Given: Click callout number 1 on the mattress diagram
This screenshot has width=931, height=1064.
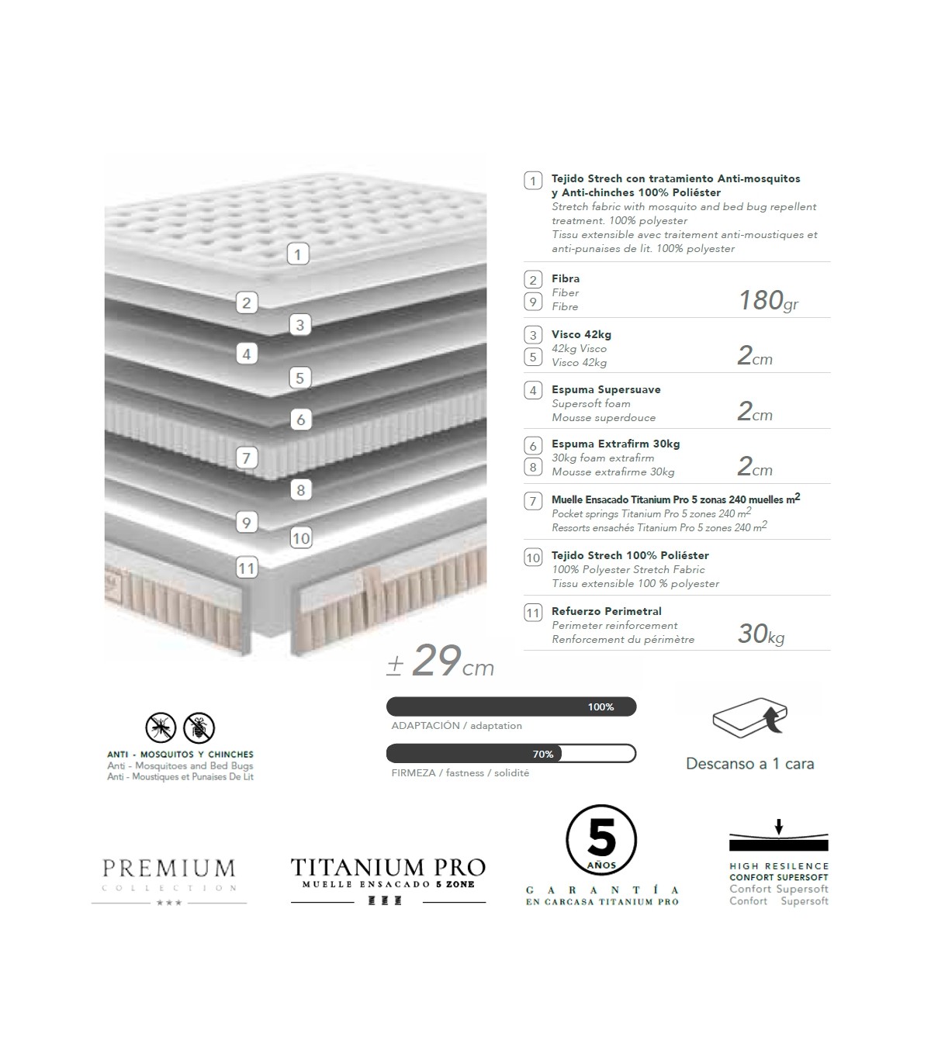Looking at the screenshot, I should (298, 254).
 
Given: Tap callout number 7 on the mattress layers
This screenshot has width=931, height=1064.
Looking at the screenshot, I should (246, 458).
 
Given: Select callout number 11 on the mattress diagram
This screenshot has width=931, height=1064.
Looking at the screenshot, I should (246, 568).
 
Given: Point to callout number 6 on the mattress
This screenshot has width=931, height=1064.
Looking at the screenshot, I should (300, 420).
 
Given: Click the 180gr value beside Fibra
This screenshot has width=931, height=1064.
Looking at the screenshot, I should (767, 300).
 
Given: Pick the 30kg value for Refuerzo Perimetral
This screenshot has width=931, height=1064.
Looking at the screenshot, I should (760, 634).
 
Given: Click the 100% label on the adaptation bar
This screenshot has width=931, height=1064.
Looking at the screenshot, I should (600, 706).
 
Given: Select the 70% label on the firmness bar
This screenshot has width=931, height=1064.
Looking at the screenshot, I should (543, 754).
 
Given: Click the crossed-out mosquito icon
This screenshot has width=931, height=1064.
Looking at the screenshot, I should (161, 727).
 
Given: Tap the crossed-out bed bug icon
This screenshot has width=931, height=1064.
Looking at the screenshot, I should (199, 727).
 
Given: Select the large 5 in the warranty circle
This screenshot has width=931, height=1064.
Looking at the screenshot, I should (601, 840).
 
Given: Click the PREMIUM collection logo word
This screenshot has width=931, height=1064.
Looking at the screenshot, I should (168, 868).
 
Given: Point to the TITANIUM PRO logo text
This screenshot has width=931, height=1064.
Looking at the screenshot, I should (388, 867).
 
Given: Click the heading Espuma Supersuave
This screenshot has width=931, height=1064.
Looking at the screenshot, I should (606, 389).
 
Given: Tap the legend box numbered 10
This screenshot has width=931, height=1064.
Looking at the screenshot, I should (533, 558).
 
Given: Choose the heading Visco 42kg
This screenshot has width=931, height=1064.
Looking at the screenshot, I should (581, 334).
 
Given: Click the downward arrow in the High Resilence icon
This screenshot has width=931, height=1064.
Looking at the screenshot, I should (779, 827).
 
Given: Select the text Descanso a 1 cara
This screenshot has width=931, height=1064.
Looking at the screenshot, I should (749, 764).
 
